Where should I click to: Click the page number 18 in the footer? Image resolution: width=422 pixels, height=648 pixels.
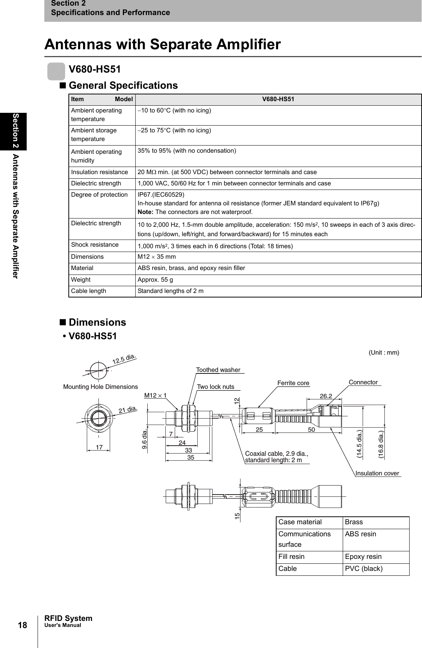pos(23,625)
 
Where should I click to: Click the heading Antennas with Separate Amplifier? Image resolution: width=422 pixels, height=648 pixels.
pos(162,44)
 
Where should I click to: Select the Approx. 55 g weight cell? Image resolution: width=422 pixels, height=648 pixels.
pos(155,280)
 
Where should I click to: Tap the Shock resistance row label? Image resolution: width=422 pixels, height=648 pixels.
pos(95,245)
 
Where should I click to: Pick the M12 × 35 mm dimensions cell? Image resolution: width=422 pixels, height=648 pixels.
pos(157,257)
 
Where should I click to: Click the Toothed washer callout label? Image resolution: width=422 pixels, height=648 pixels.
pos(218,370)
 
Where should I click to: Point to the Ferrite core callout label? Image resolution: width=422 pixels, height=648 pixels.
pos(293,383)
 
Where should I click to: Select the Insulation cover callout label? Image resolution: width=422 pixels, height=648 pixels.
pos(377,473)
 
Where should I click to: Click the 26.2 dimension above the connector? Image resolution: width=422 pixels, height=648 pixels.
pos(326,396)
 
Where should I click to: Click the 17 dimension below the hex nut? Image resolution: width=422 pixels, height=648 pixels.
pos(99,448)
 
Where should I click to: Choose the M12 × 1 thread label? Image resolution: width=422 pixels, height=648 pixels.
pos(156,396)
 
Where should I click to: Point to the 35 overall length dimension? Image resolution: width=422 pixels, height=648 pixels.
pos(191,458)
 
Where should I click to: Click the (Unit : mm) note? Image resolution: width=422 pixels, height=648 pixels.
pos(384,353)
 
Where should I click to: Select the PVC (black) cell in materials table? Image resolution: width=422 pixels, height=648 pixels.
pos(363,569)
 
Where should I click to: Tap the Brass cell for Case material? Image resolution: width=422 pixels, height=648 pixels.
pos(354,522)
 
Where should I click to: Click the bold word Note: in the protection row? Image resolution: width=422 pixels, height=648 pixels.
pos(146,212)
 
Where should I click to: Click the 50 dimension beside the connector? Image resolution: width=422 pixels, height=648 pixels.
pos(311,430)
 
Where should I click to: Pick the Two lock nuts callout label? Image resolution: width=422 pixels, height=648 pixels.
pos(215,387)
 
